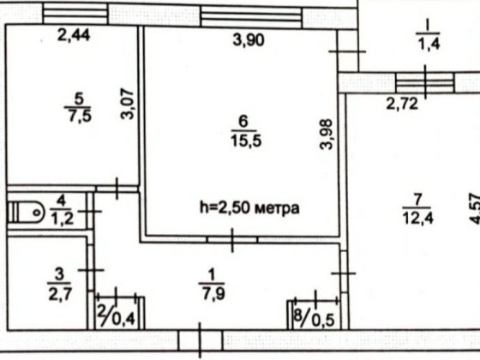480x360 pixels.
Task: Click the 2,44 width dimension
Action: pos(75,36)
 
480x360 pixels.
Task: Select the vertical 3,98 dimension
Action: pos(326,135)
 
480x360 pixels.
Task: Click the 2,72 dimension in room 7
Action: pos(403,106)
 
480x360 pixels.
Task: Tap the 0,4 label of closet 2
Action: pos(126,319)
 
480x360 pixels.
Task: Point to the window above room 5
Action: pos(75,12)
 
